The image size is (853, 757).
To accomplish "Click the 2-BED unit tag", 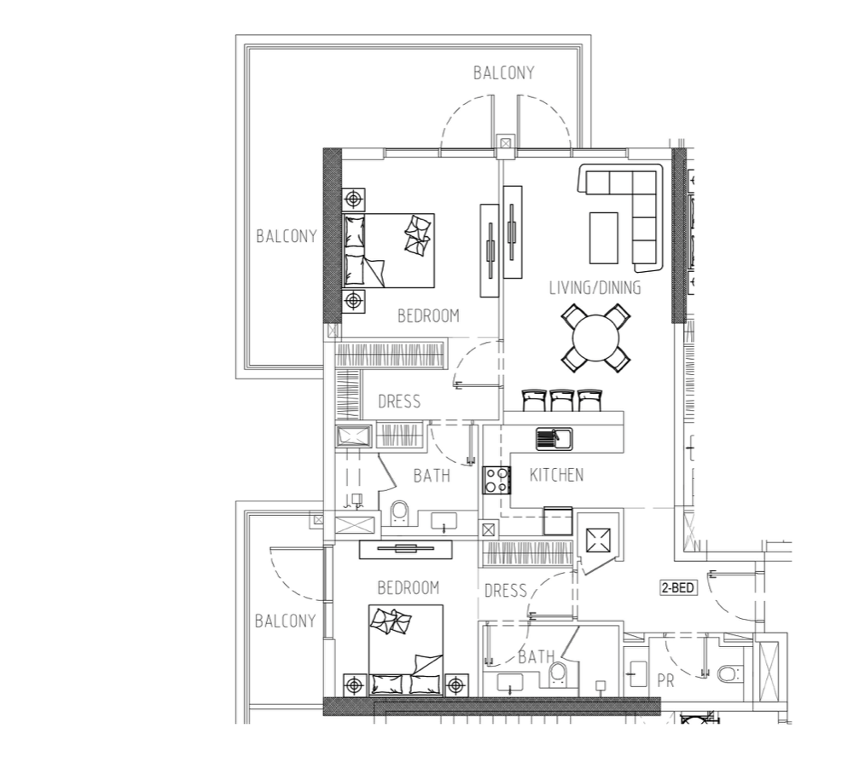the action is click(x=679, y=587).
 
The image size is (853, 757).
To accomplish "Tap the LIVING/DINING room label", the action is click(x=595, y=287).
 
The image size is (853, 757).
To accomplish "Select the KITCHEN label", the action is click(x=556, y=475).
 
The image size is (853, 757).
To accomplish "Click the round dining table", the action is click(x=595, y=338).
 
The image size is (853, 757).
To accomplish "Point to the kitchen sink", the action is click(x=554, y=439).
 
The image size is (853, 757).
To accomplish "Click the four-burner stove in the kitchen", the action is click(x=497, y=480).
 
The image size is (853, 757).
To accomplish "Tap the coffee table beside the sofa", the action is click(x=604, y=238).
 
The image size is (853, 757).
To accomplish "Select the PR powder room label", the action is click(x=666, y=680).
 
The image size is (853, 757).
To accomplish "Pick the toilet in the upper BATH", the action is click(x=399, y=513).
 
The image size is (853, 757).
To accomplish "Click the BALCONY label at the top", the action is click(x=504, y=72).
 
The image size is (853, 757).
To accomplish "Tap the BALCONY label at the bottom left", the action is click(x=285, y=621).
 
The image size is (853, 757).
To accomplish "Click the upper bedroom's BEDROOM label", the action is click(x=428, y=315).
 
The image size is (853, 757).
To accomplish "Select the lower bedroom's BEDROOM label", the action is click(x=408, y=588).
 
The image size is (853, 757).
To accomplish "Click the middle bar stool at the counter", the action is click(x=562, y=400).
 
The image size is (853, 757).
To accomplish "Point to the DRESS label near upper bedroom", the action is click(x=399, y=402).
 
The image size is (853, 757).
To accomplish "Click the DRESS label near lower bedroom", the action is click(x=505, y=591).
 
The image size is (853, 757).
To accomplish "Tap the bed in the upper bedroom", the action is click(x=388, y=250).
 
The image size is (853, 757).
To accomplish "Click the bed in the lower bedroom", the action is click(x=406, y=650).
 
